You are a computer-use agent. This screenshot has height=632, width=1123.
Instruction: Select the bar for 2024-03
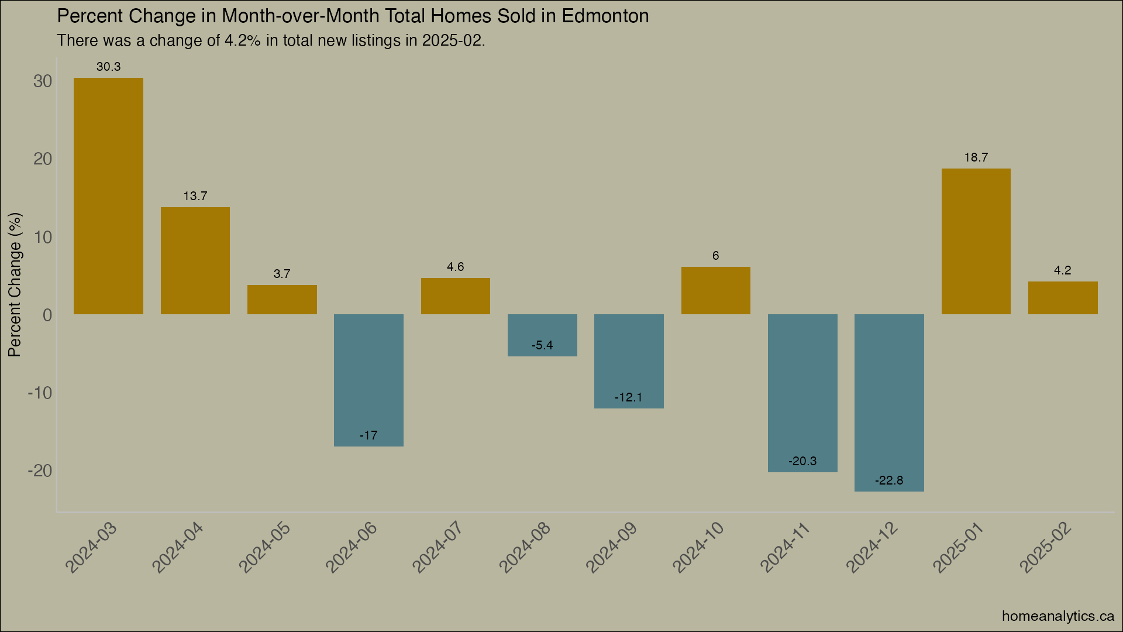click(108, 196)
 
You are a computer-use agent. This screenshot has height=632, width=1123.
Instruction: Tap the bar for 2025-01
click(976, 241)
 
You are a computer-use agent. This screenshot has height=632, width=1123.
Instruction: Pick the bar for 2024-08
click(542, 335)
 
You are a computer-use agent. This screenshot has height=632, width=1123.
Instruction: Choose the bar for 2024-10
click(715, 290)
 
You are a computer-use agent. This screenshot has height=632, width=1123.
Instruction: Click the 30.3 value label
click(108, 67)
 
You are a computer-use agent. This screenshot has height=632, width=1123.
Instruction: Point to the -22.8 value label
click(889, 480)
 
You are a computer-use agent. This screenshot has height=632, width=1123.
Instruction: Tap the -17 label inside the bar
click(368, 435)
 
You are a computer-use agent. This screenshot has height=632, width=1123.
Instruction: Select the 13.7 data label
click(195, 196)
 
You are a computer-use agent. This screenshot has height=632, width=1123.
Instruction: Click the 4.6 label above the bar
click(455, 267)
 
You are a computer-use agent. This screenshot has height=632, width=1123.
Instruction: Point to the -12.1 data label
click(628, 397)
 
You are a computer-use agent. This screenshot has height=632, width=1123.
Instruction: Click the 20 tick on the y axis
click(43, 159)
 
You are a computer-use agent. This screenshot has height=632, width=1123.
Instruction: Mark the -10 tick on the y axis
click(40, 393)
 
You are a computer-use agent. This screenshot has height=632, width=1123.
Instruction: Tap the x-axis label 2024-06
click(352, 548)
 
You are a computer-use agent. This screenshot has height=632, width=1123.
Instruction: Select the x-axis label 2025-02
click(1046, 548)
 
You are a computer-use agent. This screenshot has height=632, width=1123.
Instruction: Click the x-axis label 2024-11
click(786, 548)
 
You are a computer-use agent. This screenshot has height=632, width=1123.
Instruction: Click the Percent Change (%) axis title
click(15, 284)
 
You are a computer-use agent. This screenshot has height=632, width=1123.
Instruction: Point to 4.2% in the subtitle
click(242, 40)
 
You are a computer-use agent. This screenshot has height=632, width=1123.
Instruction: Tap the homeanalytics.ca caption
click(1057, 616)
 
